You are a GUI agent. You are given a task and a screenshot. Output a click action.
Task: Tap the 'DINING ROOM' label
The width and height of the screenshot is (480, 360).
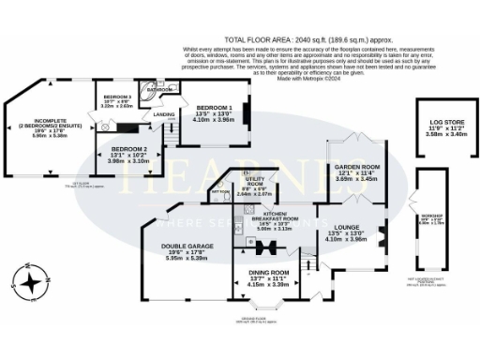point(268,273)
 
